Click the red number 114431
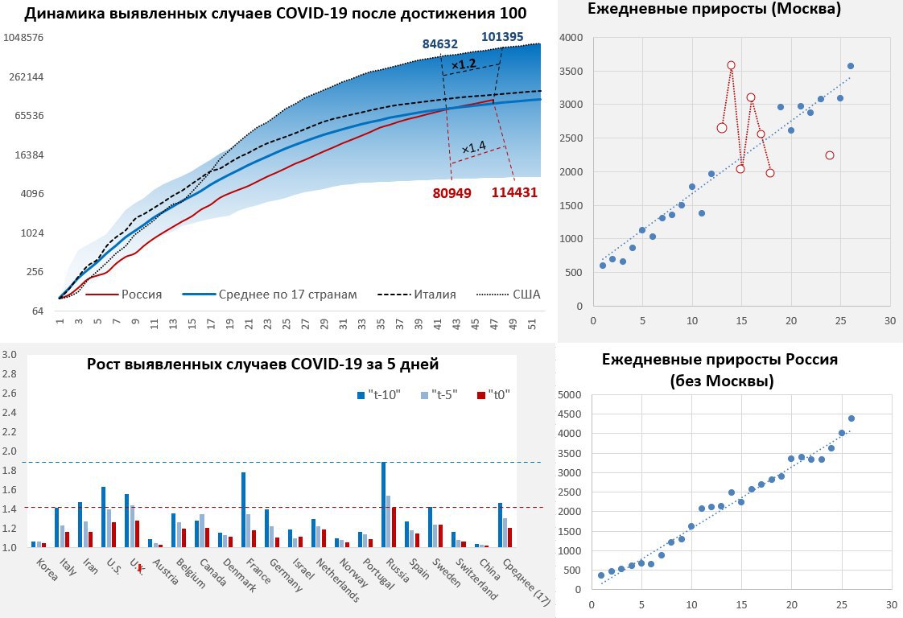point(513,192)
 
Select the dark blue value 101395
point(505,36)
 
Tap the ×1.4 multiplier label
point(474,147)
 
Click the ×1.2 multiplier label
point(464,64)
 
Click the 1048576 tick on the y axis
point(23,38)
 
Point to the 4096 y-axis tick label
point(31,194)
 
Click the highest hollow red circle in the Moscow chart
point(731,65)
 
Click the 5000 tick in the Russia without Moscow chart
point(569,395)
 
